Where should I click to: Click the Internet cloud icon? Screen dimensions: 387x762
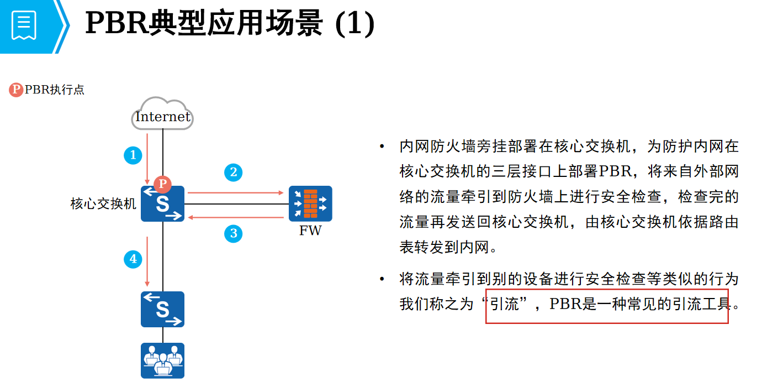pos(163,114)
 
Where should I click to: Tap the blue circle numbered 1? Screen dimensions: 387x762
pos(133,155)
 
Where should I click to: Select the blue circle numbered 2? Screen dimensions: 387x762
pos(234,172)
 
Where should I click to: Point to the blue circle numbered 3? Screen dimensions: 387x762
pos(234,233)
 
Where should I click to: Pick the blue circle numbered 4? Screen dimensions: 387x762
pos(133,258)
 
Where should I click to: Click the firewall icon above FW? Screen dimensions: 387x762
pos(310,203)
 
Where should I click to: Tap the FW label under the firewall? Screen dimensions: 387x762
pos(310,231)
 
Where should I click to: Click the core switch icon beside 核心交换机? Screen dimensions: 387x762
pos(162,204)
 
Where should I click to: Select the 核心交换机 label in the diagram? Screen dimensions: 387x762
pos(103,204)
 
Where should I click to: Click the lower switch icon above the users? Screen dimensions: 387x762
pos(162,309)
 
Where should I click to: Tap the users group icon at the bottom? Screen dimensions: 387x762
pos(162,360)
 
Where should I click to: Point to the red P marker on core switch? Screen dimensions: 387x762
pos(162,184)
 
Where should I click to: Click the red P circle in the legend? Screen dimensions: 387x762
pos(17,90)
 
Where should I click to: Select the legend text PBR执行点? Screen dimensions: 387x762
pos(55,90)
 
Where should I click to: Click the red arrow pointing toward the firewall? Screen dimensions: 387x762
pos(235,193)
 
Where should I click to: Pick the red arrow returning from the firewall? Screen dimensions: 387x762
pos(235,217)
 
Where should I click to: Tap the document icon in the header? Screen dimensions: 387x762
pos(24,25)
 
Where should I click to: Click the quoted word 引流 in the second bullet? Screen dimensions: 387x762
pos(505,304)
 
